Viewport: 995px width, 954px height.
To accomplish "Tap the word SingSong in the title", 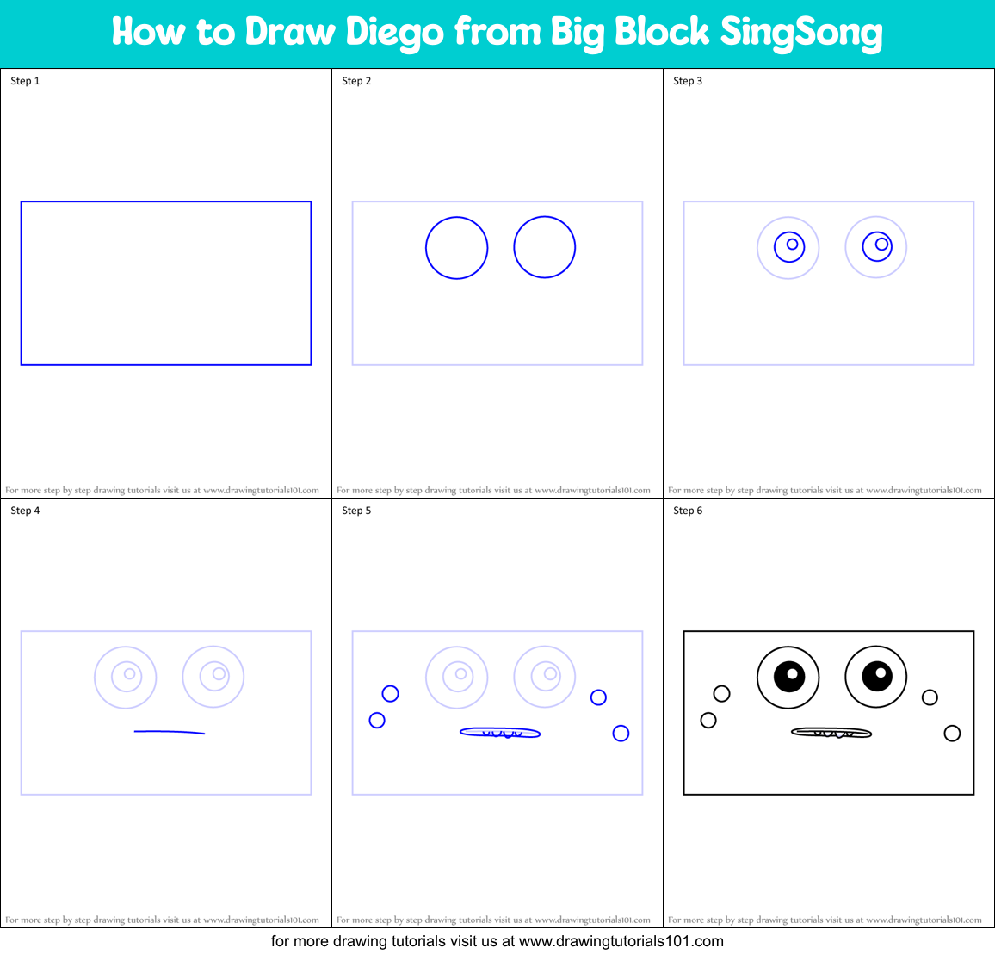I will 800,33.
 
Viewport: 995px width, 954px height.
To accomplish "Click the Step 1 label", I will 25,81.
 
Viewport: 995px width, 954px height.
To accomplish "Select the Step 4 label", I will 25,511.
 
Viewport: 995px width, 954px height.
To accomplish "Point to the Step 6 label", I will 688,511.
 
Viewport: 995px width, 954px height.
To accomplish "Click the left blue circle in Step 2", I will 457,248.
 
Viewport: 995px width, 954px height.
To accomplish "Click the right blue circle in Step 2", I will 545,247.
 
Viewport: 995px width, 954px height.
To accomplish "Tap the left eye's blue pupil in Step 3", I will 789,246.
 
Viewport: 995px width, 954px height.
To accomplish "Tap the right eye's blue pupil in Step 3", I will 877,245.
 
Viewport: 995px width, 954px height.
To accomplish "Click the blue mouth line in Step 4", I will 170,732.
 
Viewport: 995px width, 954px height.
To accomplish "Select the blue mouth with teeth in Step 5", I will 500,733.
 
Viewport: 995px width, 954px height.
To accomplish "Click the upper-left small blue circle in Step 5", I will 390,693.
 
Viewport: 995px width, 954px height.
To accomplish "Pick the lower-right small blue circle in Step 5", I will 621,734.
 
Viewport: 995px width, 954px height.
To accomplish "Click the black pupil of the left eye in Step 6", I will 789,676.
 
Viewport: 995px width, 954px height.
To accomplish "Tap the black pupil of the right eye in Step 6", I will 877,676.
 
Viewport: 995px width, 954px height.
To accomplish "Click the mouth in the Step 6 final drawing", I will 831,733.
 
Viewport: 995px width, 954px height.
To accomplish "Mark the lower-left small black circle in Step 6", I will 708,720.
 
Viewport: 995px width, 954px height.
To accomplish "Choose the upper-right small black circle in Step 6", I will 930,697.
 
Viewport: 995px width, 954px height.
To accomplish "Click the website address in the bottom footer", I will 621,941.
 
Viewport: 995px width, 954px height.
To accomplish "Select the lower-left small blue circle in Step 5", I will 377,720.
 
